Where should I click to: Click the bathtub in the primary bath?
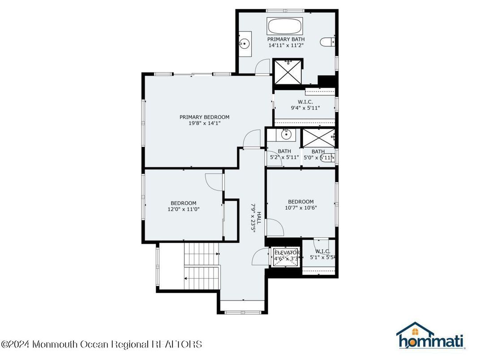pos(286,26)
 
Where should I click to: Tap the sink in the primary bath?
pos(244,43)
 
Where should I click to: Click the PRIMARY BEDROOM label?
pos(204,117)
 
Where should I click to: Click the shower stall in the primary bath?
pos(288,71)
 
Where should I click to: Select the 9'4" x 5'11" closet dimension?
pos(305,108)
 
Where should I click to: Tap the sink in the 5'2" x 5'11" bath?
pos(286,133)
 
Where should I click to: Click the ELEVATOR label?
pos(287,253)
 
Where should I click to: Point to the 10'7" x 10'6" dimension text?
pos(300,207)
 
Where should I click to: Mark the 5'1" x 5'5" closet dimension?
pos(322,258)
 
